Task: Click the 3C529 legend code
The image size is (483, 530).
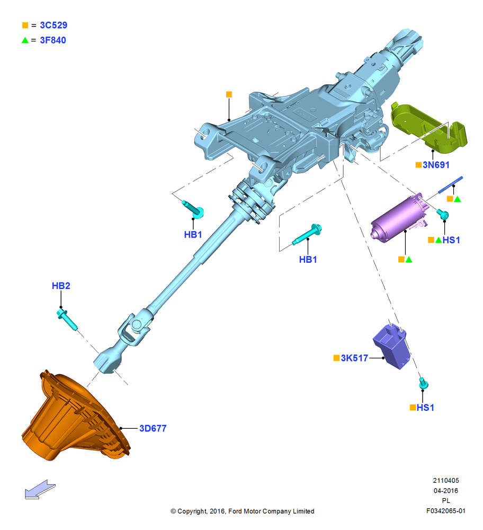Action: [53, 25]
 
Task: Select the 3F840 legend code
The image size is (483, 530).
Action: [53, 40]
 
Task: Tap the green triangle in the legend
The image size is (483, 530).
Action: [25, 40]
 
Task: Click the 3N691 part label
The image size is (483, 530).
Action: [436, 165]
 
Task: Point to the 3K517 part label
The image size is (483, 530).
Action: [354, 358]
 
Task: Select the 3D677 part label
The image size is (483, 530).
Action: [153, 429]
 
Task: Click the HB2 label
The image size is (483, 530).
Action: [61, 286]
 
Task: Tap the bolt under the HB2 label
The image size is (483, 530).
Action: [67, 319]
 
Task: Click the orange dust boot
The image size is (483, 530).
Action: [75, 417]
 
